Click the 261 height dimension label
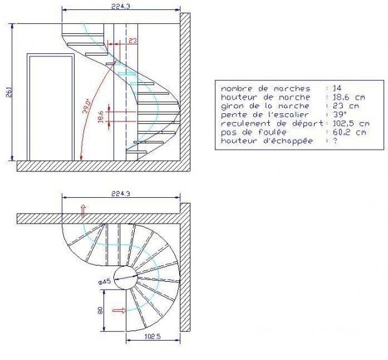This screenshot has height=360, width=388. pyautogui.click(x=9, y=92)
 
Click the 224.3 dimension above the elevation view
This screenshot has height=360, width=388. pyautogui.click(x=120, y=6)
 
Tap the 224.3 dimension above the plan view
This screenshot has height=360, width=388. pyautogui.click(x=120, y=193)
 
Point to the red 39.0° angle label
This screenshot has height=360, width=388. pyautogui.click(x=87, y=106)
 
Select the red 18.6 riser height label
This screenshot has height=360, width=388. pyautogui.click(x=101, y=116)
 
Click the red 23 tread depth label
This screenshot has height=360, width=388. pyautogui.click(x=133, y=40)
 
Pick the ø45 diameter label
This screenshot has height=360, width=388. pyautogui.click(x=105, y=282)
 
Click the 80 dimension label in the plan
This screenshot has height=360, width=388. pyautogui.click(x=100, y=311)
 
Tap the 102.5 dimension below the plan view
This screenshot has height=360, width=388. pyautogui.click(x=152, y=336)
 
